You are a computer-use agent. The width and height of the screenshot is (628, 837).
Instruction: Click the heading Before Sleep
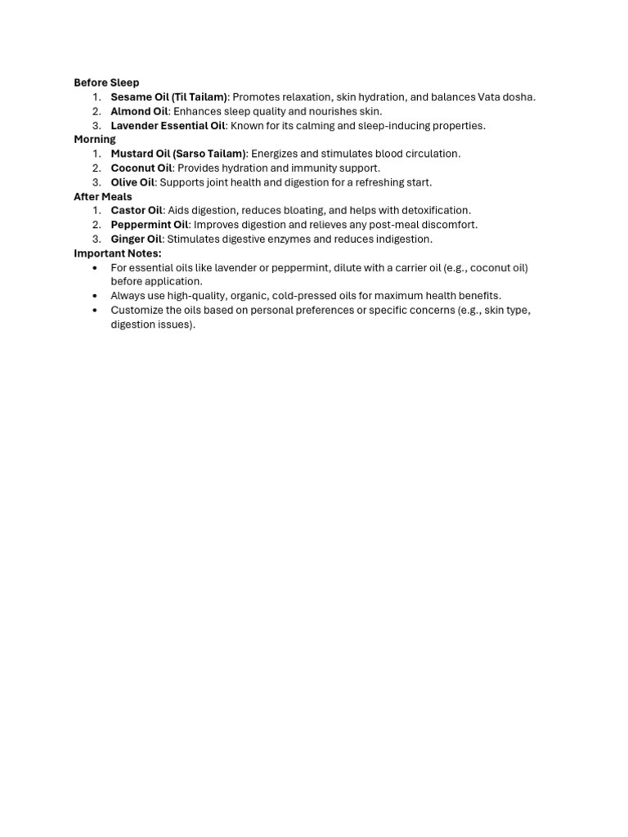click(106, 83)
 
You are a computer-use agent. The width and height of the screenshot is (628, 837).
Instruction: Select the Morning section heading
click(95, 139)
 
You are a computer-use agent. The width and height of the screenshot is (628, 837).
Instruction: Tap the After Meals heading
click(103, 196)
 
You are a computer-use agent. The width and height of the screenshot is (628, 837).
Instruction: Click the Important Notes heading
click(118, 253)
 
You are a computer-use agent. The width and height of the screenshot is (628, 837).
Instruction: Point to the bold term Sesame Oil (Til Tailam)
click(168, 97)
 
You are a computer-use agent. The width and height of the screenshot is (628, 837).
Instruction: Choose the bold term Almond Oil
click(139, 111)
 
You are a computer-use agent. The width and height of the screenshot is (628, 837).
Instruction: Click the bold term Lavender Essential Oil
click(168, 126)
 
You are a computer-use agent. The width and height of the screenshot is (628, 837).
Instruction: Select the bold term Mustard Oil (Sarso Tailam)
click(178, 154)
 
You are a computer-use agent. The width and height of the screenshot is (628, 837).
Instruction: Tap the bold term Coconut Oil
click(141, 168)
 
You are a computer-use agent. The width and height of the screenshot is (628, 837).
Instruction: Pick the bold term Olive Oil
click(132, 182)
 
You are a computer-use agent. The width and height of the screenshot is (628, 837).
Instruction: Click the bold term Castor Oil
click(137, 210)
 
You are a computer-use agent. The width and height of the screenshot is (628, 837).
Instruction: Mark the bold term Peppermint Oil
click(150, 225)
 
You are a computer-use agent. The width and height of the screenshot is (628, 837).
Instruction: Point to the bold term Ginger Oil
click(137, 239)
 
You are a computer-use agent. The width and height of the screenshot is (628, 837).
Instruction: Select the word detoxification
click(436, 210)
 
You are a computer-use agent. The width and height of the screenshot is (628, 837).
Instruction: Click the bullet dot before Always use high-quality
click(96, 296)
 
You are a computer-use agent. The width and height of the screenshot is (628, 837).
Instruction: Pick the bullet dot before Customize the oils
click(96, 311)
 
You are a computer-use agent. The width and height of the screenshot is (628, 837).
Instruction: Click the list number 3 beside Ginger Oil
click(96, 239)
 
